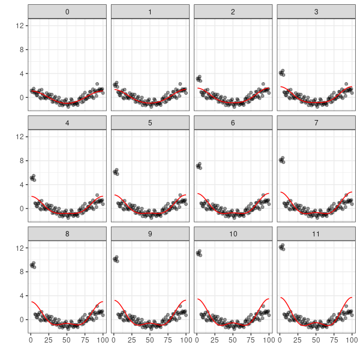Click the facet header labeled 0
(67, 11)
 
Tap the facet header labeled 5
(150, 122)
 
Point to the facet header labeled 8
(67, 233)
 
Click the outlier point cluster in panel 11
(282, 247)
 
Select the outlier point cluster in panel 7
(282, 160)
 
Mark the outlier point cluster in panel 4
(33, 178)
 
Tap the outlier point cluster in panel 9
(116, 259)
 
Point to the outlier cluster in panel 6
(199, 166)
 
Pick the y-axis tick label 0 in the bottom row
(22, 319)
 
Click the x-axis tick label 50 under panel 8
(67, 340)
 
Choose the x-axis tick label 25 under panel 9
(132, 340)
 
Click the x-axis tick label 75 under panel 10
(251, 340)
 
